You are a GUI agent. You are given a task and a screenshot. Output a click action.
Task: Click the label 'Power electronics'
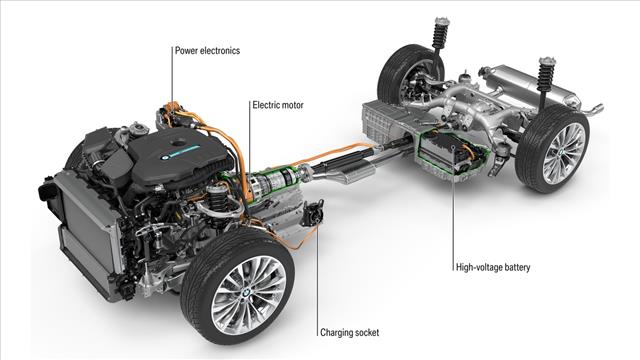coord(207,51)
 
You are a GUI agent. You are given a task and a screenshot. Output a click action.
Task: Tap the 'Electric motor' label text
coord(278,105)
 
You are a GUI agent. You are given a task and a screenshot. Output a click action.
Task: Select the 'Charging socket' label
coord(349,333)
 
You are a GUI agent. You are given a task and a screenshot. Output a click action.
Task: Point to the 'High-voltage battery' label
coord(493,268)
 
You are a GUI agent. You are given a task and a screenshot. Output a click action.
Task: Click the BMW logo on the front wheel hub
coord(246,293)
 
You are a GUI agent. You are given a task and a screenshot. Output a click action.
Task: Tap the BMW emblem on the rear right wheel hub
coord(562,152)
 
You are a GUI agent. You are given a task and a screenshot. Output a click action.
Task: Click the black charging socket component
coord(313,213)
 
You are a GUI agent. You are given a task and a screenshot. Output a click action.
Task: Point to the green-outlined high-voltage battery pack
coord(453,151)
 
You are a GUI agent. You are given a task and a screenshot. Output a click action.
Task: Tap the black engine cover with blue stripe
coord(180,156)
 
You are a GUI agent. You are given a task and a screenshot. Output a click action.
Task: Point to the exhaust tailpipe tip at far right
coord(596,109)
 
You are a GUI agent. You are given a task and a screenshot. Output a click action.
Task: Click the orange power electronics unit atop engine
coord(172,113)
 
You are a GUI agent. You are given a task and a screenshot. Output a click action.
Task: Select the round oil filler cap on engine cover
coord(178,142)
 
